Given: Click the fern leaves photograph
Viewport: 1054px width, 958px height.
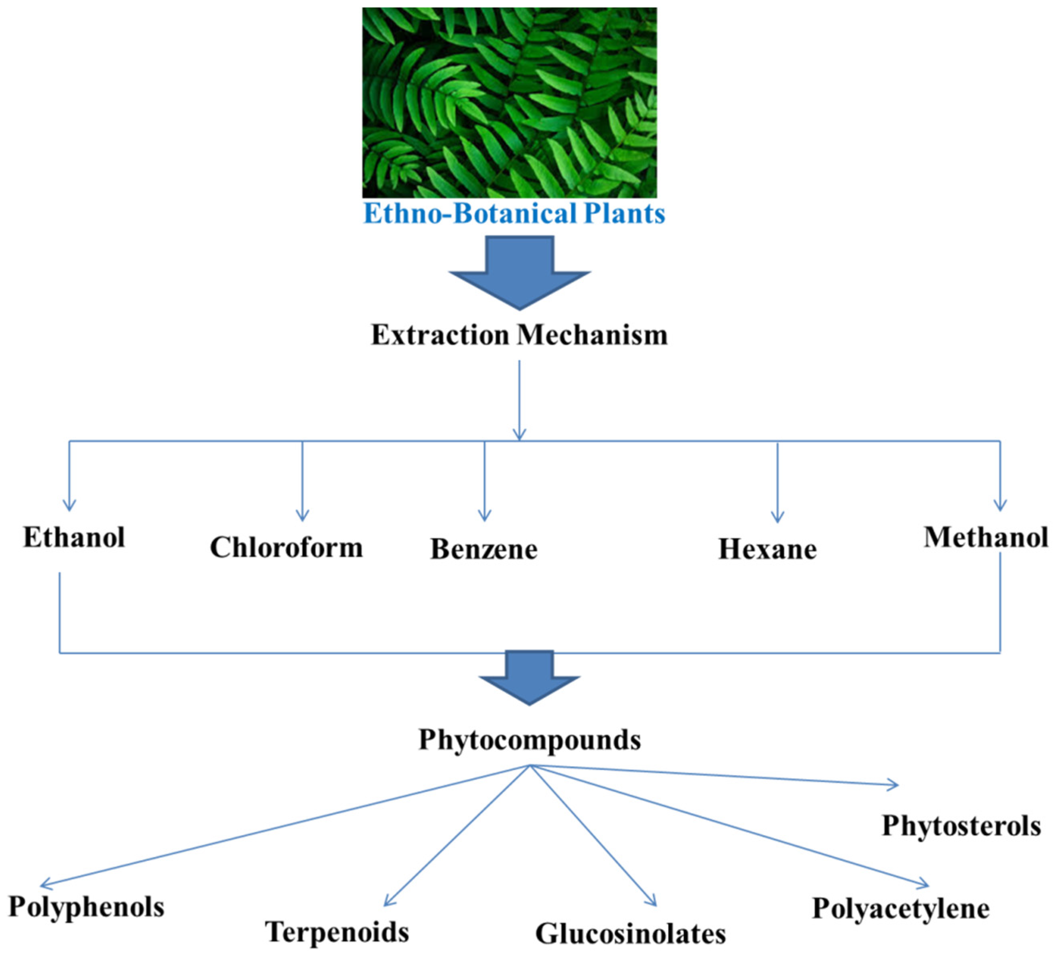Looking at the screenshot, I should click(x=509, y=102).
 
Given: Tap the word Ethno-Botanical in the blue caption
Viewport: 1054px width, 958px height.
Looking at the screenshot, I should click(x=470, y=214).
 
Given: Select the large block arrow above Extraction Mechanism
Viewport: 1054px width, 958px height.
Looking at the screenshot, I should click(x=519, y=272).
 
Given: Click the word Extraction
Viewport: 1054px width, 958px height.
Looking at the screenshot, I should click(x=440, y=335).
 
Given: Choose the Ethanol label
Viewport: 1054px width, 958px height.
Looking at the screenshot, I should click(x=74, y=537).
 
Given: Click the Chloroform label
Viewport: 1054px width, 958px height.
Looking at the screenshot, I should click(x=286, y=548).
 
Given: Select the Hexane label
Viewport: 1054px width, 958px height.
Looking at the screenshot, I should click(x=767, y=549).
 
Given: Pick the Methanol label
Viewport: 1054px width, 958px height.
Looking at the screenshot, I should click(x=985, y=537).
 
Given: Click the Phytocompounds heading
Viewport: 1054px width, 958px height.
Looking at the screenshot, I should click(x=529, y=740).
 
